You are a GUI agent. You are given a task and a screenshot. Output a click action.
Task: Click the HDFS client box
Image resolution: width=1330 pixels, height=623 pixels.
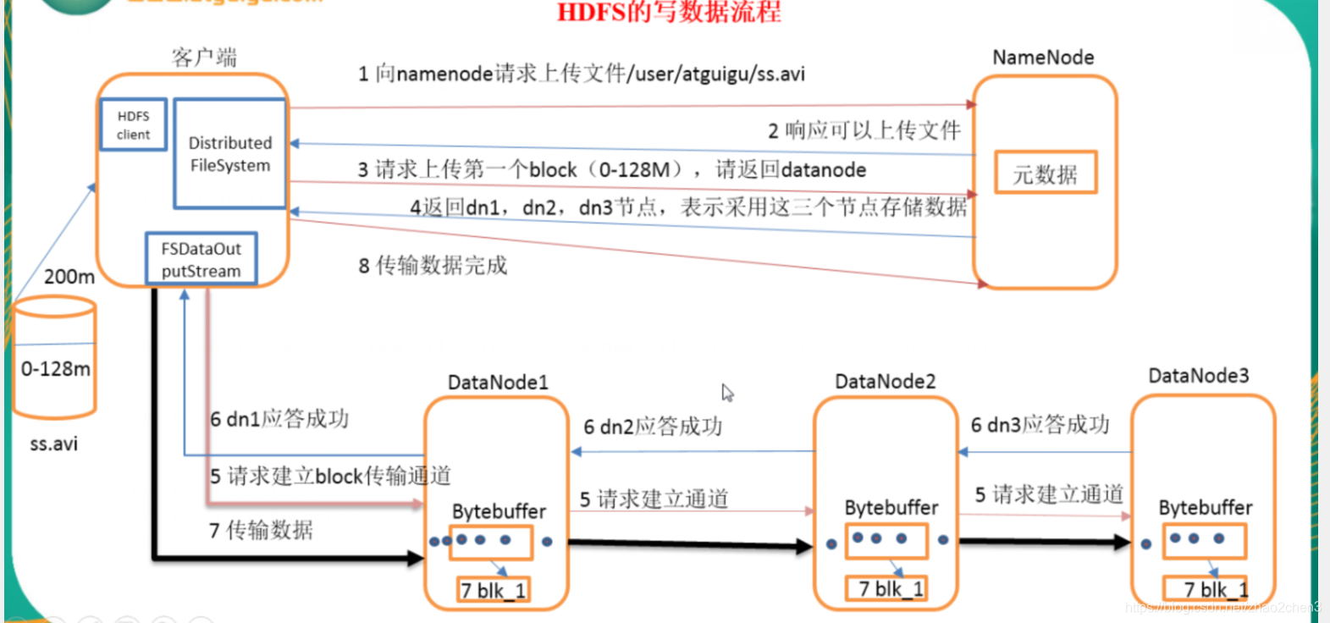133,125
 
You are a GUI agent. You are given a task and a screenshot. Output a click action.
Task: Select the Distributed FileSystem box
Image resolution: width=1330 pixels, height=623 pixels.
229,154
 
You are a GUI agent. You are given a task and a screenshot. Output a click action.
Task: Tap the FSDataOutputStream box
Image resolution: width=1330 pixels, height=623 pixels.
201,259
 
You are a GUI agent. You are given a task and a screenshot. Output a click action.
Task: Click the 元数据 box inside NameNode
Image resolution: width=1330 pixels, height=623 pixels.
1045,174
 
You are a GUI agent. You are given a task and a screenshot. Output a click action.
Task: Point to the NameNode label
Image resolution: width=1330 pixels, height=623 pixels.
1043,58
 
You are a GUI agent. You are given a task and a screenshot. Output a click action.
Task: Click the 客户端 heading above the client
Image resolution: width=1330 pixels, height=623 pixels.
204,58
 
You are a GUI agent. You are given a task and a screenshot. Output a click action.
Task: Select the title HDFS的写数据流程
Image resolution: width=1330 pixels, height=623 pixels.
669,12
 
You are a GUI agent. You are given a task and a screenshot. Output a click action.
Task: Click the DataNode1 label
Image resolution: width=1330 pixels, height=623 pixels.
498,383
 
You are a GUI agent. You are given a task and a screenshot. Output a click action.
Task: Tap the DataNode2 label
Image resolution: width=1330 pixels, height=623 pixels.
885,382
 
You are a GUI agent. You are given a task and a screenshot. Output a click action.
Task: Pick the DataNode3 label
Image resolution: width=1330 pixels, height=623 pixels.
1198,376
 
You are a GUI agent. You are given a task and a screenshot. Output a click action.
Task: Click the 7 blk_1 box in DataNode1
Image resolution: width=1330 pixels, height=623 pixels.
493,590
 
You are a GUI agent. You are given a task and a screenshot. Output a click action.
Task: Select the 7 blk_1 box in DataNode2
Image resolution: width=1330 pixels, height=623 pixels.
886,588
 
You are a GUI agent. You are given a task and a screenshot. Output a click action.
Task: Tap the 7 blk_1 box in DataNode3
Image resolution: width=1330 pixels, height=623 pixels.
1205,589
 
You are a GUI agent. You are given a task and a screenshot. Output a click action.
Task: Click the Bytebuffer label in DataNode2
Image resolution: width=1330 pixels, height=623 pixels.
891,508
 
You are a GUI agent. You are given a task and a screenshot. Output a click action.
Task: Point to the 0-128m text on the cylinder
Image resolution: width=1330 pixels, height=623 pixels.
56,369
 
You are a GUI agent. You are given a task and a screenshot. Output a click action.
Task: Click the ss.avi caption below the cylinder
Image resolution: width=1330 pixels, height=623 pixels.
53,444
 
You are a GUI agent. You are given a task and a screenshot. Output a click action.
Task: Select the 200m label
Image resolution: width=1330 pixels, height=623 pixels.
69,277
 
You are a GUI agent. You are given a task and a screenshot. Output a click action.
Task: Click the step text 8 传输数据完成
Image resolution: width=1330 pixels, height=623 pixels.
433,266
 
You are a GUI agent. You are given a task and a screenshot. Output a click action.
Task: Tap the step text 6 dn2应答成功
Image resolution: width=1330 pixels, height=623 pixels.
653,427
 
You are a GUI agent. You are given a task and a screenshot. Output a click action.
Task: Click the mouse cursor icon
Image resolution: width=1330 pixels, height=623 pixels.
727,393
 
